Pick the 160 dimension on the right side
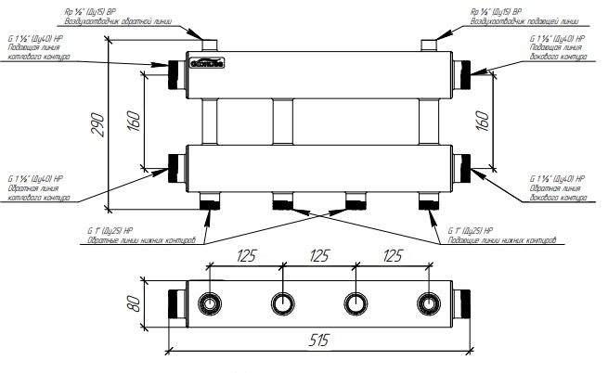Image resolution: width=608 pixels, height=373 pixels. pyautogui.click(x=481, y=122)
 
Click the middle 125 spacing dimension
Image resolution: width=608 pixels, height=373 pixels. pyautogui.click(x=320, y=254)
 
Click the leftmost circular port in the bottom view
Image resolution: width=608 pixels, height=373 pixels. pyautogui.click(x=212, y=303)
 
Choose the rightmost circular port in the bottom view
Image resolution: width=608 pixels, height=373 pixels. pyautogui.click(x=429, y=303)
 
